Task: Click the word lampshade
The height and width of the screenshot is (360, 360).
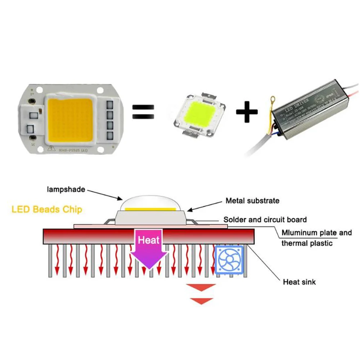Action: point(66,189)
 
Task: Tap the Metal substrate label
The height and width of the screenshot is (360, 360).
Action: point(252,201)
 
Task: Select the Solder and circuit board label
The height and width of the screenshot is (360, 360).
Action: point(265,219)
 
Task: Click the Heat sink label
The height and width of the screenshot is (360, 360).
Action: point(299,282)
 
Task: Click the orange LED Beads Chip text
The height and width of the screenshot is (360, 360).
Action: point(47,209)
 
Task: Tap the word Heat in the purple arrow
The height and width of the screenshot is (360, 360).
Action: point(148,240)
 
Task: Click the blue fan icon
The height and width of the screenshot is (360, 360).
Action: point(230,261)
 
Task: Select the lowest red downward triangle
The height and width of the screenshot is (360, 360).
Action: point(201,301)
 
